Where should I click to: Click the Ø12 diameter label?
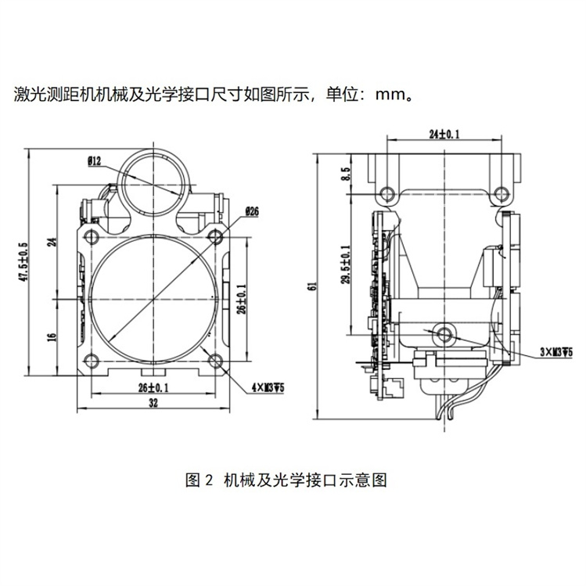pos(93,162)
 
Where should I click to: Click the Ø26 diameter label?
pos(252,210)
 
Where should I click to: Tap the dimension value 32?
pos(153,403)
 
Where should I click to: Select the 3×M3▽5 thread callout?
pos(556,352)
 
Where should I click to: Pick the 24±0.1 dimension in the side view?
pos(444,135)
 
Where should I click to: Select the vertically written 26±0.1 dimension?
pos(243,297)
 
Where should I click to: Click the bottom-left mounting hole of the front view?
pos(91,360)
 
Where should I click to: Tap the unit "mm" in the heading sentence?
pos(390,96)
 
